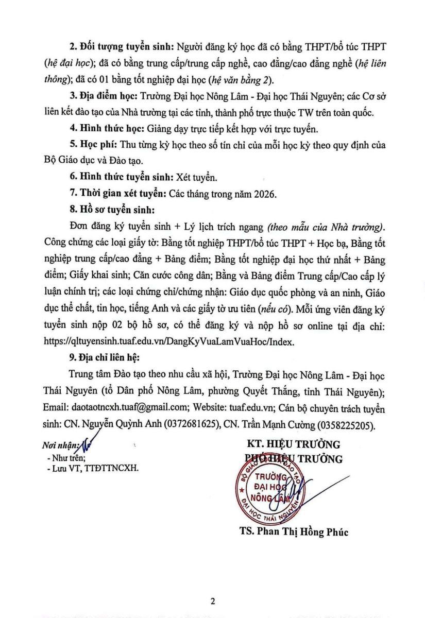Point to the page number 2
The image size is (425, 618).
coord(212,601)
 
